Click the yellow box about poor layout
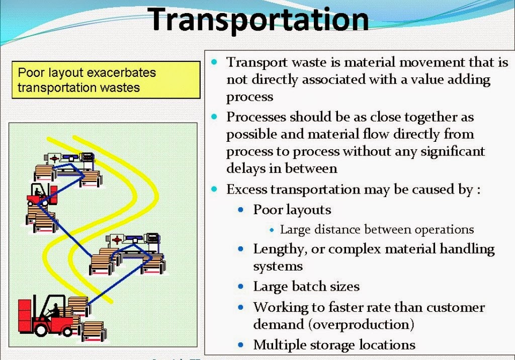[106, 80]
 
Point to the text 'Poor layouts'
[292, 210]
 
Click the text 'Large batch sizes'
[306, 287]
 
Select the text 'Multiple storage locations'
[334, 345]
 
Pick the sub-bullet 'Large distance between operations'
[377, 230]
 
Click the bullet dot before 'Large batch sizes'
[242, 287]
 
